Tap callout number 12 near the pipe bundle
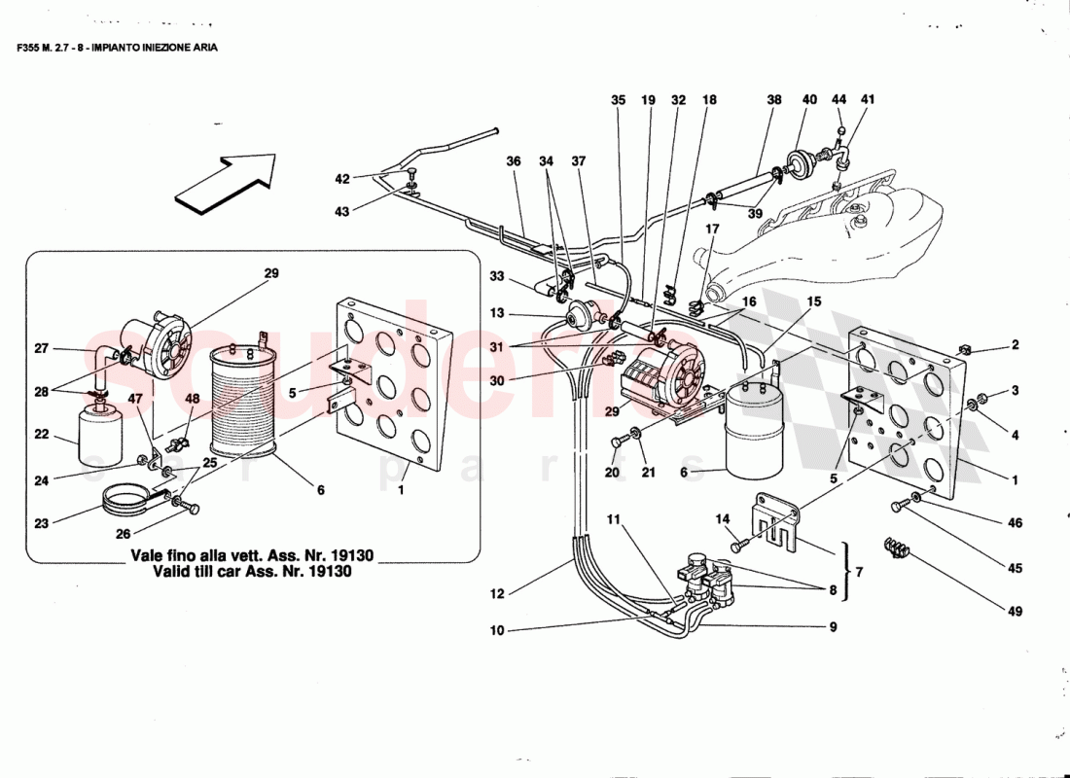[499, 591]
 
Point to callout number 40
[809, 100]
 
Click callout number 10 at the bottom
[498, 631]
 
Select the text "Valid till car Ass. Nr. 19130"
[252, 573]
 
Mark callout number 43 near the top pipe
[341, 212]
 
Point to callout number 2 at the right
[1015, 344]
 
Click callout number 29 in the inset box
[271, 274]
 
